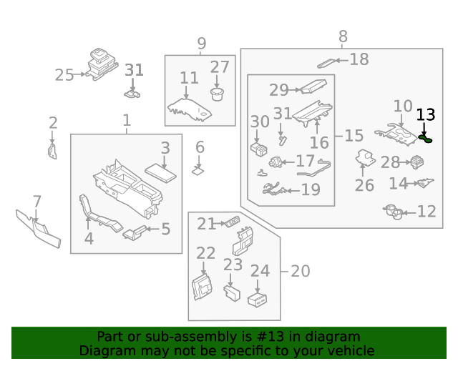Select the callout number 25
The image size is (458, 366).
(64, 75)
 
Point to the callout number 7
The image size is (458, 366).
(36, 202)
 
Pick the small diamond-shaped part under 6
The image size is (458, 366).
(199, 171)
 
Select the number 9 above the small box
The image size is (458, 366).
(201, 44)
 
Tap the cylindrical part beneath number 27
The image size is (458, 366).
(218, 94)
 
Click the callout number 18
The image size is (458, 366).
(359, 59)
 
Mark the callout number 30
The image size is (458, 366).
(260, 123)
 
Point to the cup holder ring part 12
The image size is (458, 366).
(394, 212)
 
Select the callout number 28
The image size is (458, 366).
(390, 162)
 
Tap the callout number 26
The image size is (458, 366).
(364, 185)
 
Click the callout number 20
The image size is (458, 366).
(300, 271)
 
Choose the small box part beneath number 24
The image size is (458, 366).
(258, 300)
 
